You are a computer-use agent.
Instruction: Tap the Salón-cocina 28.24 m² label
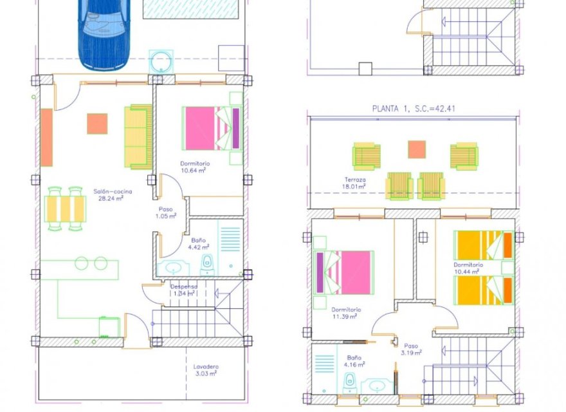pyautogui.click(x=113, y=195)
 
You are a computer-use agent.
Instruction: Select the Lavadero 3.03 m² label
pyautogui.click(x=206, y=370)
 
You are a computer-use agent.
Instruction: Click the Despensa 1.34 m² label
pyautogui.click(x=184, y=290)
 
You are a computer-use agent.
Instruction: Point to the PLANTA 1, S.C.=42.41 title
pyautogui.click(x=414, y=108)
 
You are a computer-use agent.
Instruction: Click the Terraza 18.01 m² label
pyautogui.click(x=354, y=183)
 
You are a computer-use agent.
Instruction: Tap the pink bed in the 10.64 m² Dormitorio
pyautogui.click(x=212, y=128)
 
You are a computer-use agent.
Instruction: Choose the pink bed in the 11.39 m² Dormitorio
pyautogui.click(x=344, y=272)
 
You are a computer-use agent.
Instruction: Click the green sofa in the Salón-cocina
pyautogui.click(x=138, y=136)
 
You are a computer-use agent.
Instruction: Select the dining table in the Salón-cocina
pyautogui.click(x=66, y=209)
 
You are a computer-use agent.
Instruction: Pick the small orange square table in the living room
pyautogui.click(x=97, y=124)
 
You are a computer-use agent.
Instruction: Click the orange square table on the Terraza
pyautogui.click(x=417, y=149)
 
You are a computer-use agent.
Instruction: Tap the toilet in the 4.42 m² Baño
pyautogui.click(x=207, y=265)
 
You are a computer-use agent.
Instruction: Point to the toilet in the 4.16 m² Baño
pyautogui.click(x=349, y=383)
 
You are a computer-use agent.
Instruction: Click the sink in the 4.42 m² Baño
pyautogui.click(x=173, y=268)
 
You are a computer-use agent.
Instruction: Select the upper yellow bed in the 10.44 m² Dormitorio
pyautogui.click(x=484, y=245)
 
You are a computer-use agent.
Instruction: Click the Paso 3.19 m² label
pyautogui.click(x=411, y=349)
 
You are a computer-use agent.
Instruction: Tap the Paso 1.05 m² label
pyautogui.click(x=166, y=212)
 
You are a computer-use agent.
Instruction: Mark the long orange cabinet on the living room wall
pyautogui.click(x=46, y=137)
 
